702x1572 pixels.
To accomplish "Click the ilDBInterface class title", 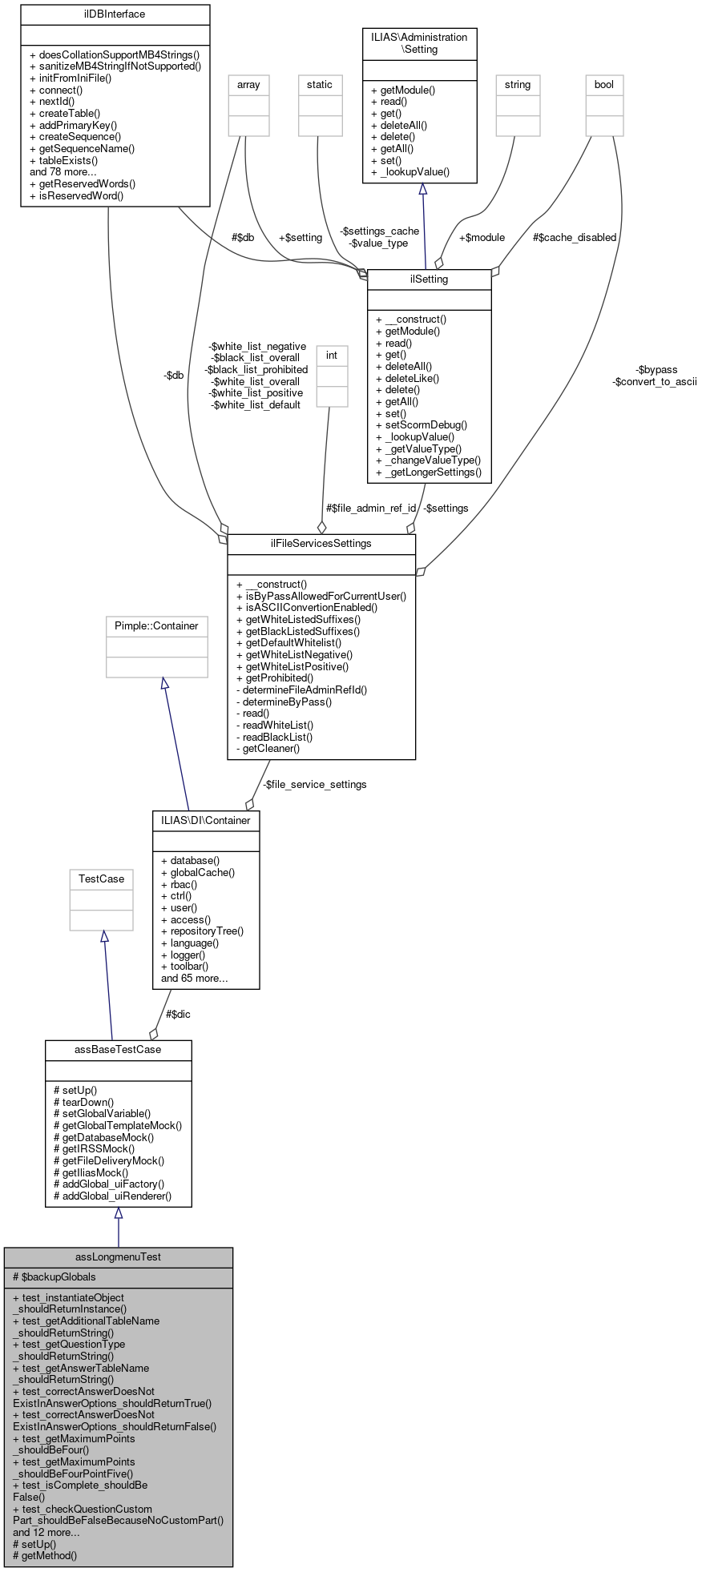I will tap(115, 14).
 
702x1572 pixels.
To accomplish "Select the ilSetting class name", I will tap(429, 279).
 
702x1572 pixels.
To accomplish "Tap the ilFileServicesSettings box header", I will tap(321, 544).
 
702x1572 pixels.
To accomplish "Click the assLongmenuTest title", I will tap(118, 1256).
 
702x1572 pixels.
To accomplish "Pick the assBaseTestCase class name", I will tap(118, 1050).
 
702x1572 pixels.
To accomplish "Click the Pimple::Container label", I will tap(156, 626).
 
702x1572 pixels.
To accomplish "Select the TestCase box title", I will tap(101, 879).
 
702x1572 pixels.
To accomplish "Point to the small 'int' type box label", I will tap(332, 356).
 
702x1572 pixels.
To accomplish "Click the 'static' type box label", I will tap(319, 85).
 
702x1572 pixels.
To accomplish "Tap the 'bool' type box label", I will tap(604, 85).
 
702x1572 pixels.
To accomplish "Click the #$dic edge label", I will tap(178, 1015).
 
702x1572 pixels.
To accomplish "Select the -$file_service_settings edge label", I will tap(314, 785).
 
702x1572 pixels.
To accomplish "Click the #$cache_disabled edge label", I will tap(575, 238).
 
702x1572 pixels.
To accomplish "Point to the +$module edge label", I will tap(482, 238).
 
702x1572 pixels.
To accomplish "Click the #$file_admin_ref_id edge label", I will tap(371, 509).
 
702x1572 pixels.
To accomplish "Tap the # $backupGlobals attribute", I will tap(54, 1277).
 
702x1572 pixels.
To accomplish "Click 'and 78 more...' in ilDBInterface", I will tap(63, 172).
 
